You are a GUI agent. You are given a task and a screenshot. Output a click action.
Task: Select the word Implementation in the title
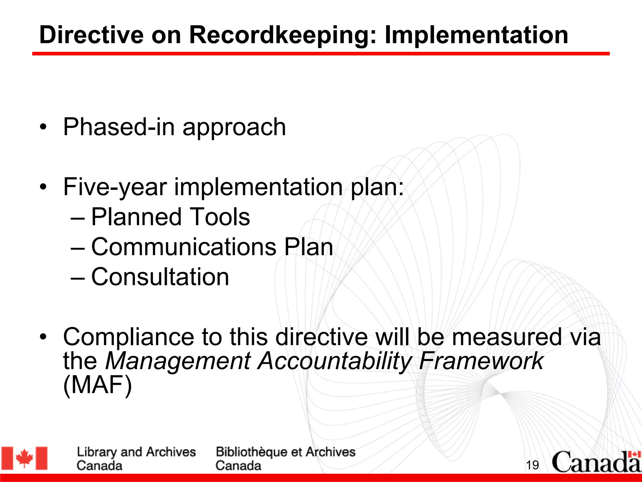(x=476, y=35)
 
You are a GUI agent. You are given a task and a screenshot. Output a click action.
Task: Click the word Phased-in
(x=119, y=127)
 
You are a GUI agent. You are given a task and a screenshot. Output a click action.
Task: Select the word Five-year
(x=115, y=187)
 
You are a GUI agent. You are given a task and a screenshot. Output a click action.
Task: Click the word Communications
(x=184, y=247)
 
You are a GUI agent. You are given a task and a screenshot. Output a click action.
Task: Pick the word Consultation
(x=160, y=277)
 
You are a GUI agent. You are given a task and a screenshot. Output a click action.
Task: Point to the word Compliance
(x=129, y=337)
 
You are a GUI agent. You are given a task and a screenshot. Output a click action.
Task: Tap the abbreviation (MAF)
(x=97, y=385)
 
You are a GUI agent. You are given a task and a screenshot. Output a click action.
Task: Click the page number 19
(x=532, y=465)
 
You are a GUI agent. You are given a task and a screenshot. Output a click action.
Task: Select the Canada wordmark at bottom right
(x=596, y=462)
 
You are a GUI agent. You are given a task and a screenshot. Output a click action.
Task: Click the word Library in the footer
(x=97, y=452)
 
